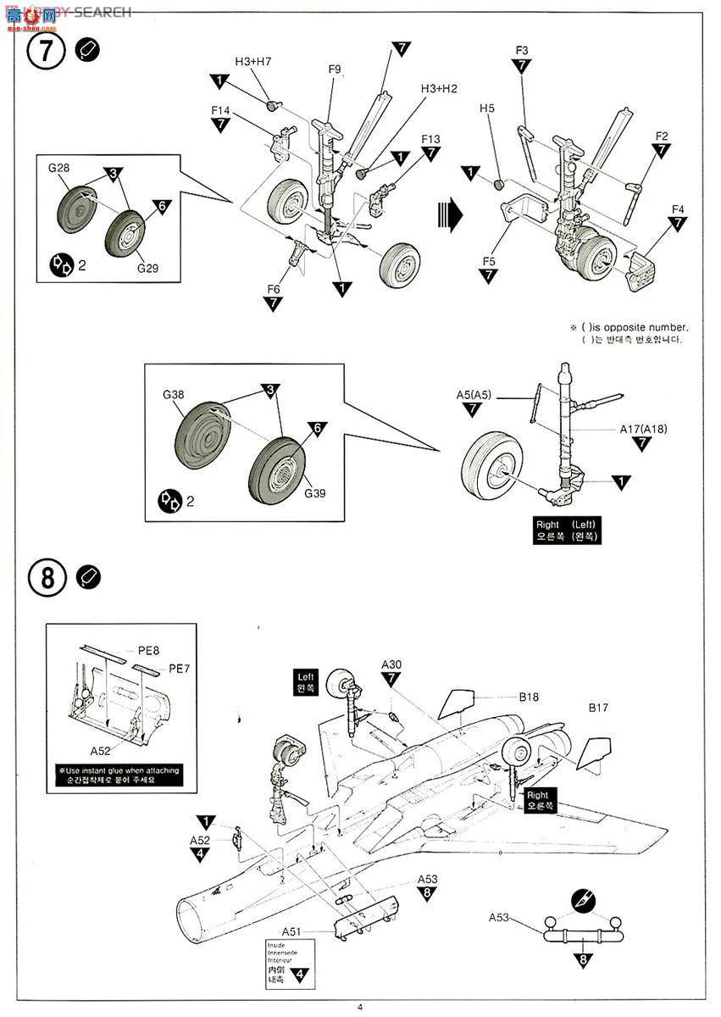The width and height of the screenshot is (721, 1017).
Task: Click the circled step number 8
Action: click(47, 578)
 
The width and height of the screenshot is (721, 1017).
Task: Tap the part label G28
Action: click(58, 168)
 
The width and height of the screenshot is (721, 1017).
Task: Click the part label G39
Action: click(315, 493)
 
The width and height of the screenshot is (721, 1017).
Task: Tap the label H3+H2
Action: click(439, 89)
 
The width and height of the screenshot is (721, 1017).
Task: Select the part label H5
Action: click(486, 108)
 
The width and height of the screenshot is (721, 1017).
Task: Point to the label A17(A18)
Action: click(643, 429)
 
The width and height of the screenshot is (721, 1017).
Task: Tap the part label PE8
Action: click(149, 650)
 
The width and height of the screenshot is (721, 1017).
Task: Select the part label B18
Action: click(530, 697)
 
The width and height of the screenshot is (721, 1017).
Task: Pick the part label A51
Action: click(292, 931)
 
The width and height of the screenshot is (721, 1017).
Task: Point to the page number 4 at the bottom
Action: click(360, 1007)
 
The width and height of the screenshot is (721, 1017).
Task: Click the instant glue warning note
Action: click(119, 775)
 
